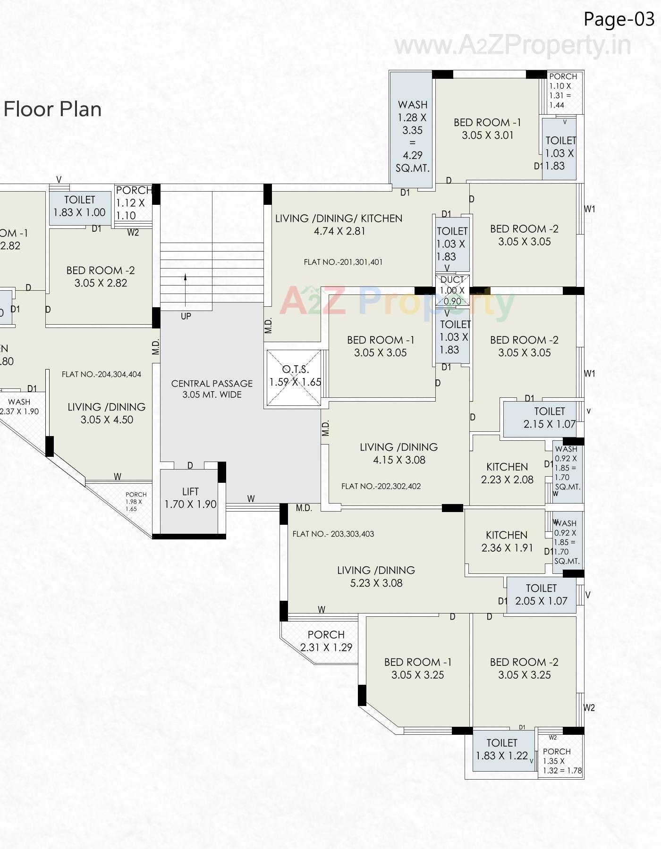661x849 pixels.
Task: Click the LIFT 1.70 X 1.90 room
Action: [x=190, y=498]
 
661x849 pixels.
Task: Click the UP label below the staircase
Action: [x=186, y=316]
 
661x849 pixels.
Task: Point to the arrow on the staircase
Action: [x=186, y=289]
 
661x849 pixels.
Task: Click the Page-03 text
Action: [x=619, y=19]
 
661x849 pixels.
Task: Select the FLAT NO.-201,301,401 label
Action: [x=343, y=262]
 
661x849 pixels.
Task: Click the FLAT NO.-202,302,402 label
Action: [x=381, y=486]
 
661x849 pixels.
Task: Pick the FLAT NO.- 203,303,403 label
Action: [x=333, y=534]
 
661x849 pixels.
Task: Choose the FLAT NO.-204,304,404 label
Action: [x=101, y=374]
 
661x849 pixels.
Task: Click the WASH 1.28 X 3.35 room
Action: [x=412, y=136]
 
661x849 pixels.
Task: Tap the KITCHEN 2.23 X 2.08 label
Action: [x=507, y=473]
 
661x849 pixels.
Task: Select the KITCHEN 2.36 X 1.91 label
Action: [x=506, y=541]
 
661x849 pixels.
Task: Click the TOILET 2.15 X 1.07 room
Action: [x=549, y=418]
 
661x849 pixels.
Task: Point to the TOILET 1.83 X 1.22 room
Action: [x=501, y=749]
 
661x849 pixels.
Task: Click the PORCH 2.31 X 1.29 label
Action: [x=326, y=641]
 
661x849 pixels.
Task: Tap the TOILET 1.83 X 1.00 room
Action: [x=79, y=206]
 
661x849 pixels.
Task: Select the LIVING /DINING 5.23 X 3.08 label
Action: [x=376, y=576]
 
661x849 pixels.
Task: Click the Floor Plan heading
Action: [x=52, y=109]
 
